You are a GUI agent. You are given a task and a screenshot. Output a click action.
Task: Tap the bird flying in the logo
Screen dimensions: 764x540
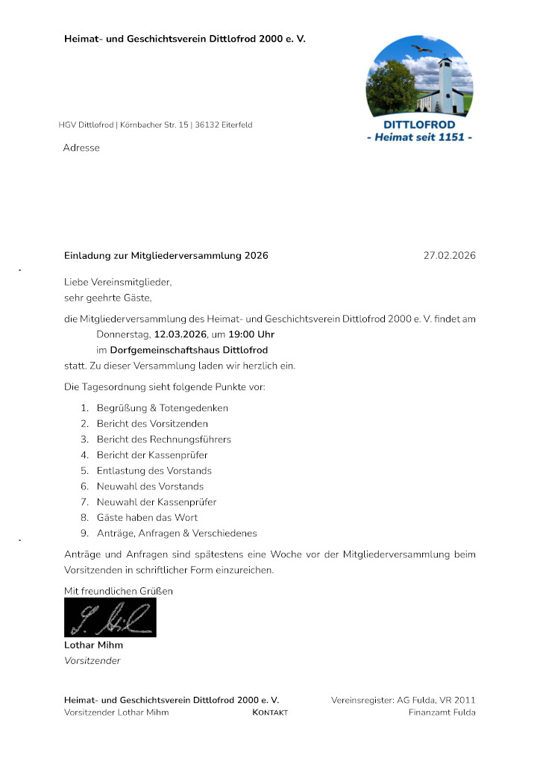423,48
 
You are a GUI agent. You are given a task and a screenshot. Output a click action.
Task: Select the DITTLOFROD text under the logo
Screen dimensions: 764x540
419,124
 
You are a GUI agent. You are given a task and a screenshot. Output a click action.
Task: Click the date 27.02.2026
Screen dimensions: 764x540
449,256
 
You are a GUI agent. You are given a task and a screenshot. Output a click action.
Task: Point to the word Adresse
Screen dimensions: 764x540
81,148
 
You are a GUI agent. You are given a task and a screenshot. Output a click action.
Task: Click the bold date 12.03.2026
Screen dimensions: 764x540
180,334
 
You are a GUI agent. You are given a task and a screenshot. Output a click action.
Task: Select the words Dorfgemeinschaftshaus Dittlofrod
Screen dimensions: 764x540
189,349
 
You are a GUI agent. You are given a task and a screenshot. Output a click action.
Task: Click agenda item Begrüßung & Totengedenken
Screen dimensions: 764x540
162,408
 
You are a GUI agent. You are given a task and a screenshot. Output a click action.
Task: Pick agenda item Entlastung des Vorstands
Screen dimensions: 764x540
154,471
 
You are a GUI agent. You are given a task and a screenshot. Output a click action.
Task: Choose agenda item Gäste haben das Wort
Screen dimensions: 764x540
147,517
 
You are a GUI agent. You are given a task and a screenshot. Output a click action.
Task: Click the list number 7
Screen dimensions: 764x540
85,502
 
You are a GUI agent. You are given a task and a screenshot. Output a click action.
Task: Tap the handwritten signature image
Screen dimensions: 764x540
110,618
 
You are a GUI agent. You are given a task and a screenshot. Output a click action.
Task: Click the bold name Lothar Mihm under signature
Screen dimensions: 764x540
93,645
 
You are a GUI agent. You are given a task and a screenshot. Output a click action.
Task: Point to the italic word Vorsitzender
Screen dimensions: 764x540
92,660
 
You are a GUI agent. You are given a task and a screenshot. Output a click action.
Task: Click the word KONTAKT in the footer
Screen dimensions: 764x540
270,713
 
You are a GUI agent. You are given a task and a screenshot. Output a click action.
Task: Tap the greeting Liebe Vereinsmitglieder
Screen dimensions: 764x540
118,283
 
